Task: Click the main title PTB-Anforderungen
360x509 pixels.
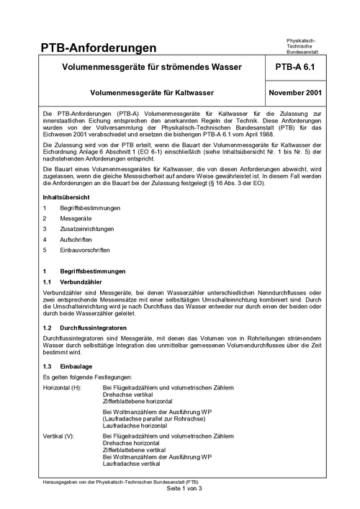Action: pyautogui.click(x=99, y=48)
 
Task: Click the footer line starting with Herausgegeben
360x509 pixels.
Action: pyautogui.click(x=121, y=481)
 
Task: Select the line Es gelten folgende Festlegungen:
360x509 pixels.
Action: pyautogui.click(x=87, y=377)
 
